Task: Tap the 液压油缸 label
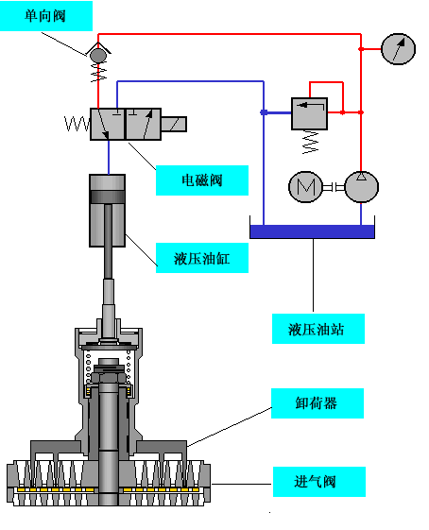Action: click(202, 257)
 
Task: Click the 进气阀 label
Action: click(317, 482)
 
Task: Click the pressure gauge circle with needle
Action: click(398, 48)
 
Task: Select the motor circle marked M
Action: click(305, 186)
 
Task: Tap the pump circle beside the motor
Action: click(360, 186)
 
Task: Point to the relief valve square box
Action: click(308, 112)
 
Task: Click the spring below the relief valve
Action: click(308, 142)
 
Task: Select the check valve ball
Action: click(98, 56)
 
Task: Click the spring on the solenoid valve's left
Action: click(76, 124)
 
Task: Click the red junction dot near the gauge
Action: click(360, 48)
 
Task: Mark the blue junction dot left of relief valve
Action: click(264, 112)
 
